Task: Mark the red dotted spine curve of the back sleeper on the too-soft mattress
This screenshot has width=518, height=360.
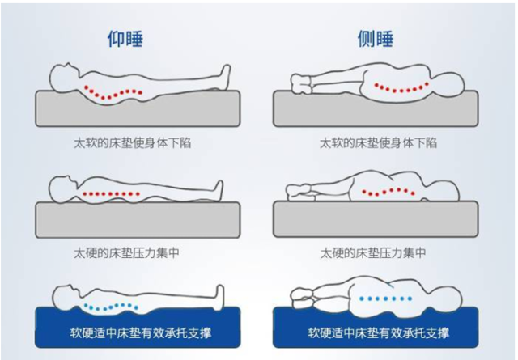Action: click(113, 91)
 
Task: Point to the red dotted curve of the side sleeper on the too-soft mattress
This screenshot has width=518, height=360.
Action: click(397, 86)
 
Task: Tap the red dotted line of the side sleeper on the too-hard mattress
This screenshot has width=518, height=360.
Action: click(389, 193)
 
